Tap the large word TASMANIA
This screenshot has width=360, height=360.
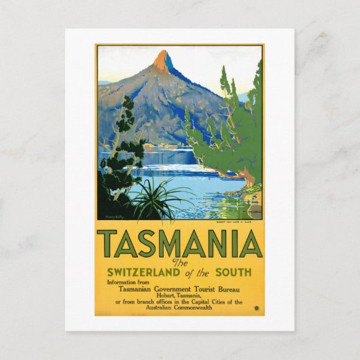click(179, 244)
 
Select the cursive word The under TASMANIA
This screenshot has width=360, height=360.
click(179, 262)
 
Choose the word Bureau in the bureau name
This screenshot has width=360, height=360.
click(236, 290)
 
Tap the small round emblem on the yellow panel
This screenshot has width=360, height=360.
click(257, 308)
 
